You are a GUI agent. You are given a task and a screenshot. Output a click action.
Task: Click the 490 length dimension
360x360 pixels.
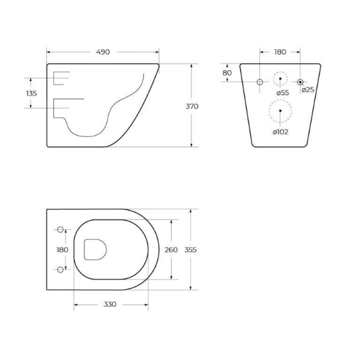tap(103, 52)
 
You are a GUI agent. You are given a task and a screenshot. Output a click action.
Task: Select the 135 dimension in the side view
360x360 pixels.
tap(32, 93)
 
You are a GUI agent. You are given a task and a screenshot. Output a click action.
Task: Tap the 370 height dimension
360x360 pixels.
tap(192, 106)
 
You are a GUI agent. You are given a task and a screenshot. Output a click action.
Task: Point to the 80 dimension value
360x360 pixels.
tap(227, 73)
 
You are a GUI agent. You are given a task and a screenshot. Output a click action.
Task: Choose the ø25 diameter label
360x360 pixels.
tap(308, 90)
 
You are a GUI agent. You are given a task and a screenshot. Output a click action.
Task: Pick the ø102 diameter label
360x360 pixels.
tap(280, 131)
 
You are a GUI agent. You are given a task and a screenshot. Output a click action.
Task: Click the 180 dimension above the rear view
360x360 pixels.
tap(280, 52)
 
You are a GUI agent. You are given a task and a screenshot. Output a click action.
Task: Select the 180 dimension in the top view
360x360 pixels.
tap(62, 249)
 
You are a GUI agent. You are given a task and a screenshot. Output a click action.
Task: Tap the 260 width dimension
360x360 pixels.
tap(171, 250)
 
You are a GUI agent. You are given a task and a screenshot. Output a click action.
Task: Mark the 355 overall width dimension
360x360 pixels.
tap(191, 250)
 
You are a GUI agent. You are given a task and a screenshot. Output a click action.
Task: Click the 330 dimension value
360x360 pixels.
tap(109, 304)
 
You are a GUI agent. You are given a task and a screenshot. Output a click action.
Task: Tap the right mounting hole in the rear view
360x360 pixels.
tap(300, 81)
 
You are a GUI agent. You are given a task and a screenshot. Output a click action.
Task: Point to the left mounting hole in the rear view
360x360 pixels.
tap(260, 81)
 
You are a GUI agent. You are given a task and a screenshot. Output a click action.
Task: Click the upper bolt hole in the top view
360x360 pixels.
tap(60, 230)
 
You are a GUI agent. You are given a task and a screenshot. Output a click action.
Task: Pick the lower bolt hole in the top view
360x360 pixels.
tap(60, 269)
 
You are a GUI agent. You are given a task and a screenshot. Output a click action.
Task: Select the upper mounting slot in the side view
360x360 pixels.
tap(61, 78)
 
